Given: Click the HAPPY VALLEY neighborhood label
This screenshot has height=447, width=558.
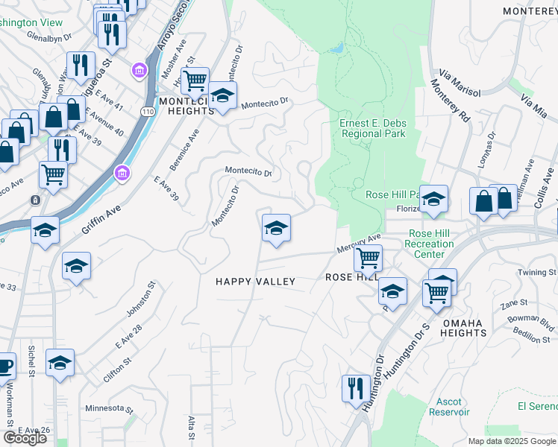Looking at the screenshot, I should (x=255, y=282).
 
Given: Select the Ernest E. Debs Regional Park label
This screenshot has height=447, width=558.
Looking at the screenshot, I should (x=372, y=129).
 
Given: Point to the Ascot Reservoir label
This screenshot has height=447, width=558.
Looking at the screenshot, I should (x=448, y=407).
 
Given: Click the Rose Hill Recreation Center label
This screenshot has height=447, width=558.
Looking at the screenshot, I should (x=429, y=244).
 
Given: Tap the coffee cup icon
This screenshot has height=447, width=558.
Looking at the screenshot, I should (x=4, y=366).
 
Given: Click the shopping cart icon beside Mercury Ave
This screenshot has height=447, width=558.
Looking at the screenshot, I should (x=368, y=258).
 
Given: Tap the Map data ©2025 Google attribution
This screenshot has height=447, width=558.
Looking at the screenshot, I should (x=512, y=441).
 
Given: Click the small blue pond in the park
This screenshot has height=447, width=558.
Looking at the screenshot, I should (x=336, y=48).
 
